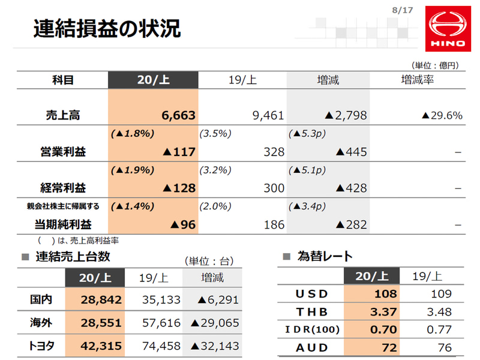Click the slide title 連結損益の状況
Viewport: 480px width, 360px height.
[x=107, y=29]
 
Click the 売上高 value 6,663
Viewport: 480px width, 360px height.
[x=179, y=115]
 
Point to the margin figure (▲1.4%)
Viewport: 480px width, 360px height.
[x=133, y=206]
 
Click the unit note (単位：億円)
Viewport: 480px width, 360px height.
[x=434, y=65]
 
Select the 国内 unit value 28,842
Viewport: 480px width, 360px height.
[x=102, y=299]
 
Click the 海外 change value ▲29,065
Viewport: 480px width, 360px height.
[x=215, y=323]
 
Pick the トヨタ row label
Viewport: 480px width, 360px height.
[x=41, y=346]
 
